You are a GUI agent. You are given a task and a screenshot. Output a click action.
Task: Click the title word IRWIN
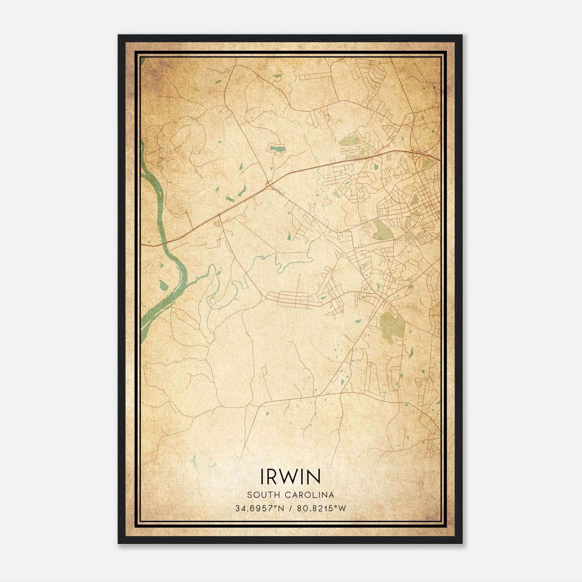click(290, 477)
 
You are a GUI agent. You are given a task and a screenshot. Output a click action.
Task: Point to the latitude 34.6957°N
click(259, 508)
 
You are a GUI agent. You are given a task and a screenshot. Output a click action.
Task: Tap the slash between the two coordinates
click(290, 508)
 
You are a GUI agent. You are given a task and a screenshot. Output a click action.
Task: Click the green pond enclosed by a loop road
click(276, 149)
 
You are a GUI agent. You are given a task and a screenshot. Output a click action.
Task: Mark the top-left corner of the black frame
click(119, 36)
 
